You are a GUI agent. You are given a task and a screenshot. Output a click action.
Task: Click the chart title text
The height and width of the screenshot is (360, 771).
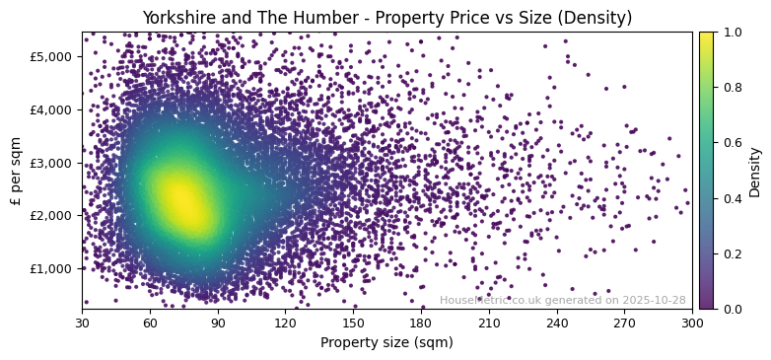(386, 18)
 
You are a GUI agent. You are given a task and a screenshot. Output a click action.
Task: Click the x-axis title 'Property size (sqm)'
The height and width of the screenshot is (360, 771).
(386, 342)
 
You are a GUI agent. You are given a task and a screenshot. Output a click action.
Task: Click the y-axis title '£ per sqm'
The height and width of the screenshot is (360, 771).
(15, 171)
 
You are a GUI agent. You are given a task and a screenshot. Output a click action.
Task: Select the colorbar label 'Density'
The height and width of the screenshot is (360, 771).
(755, 171)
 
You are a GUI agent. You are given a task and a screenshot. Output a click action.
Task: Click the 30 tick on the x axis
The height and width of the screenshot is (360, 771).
(82, 323)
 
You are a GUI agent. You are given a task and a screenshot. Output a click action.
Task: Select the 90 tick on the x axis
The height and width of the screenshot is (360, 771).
(218, 323)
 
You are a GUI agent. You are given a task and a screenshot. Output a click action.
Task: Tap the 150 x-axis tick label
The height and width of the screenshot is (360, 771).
(353, 323)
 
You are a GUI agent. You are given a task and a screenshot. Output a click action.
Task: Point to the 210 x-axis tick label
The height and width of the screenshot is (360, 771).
(489, 323)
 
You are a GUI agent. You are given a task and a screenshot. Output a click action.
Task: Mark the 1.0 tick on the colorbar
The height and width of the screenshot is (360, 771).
(732, 33)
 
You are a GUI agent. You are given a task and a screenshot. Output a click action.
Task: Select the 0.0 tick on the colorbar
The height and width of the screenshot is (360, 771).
(732, 309)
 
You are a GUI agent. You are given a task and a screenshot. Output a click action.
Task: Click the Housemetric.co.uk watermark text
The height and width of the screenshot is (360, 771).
(562, 300)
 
